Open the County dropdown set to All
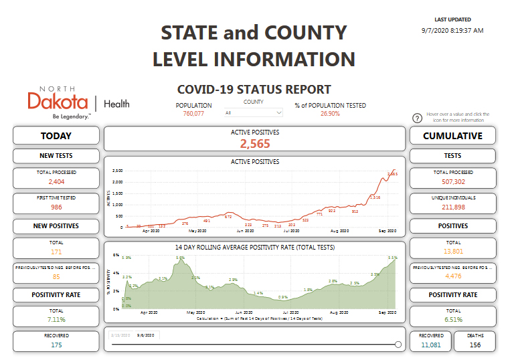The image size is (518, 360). click(x=254, y=113)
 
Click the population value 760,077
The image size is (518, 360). click(x=193, y=114)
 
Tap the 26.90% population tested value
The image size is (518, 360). click(x=330, y=114)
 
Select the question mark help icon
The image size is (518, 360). click(x=417, y=118)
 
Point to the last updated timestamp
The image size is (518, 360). click(x=452, y=30)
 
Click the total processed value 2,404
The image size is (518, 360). click(x=56, y=181)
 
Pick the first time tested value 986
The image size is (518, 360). click(x=56, y=207)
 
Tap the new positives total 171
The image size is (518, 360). click(x=56, y=252)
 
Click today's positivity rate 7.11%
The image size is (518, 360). click(x=56, y=319)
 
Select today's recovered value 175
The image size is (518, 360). click(x=56, y=345)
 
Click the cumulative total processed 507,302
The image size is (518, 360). click(x=452, y=181)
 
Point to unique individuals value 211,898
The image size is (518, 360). click(x=452, y=207)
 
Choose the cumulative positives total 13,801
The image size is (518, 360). click(x=452, y=252)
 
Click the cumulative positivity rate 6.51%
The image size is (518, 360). click(x=452, y=319)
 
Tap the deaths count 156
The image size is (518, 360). click(x=475, y=345)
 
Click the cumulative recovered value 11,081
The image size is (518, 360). click(x=431, y=345)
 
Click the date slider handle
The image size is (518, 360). click(x=398, y=345)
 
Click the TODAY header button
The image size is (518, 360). click(x=56, y=136)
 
